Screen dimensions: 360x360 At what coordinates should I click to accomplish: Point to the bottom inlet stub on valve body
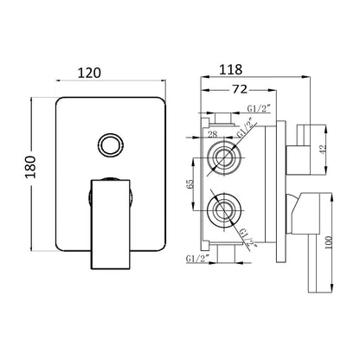(x=224, y=252)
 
